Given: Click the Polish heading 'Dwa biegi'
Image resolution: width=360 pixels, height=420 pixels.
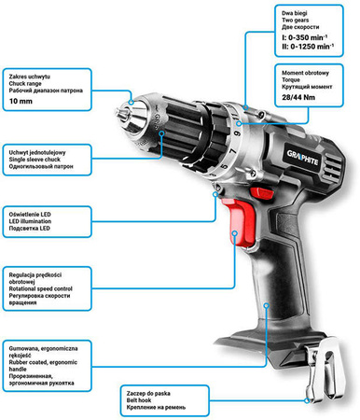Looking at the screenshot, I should pos(270,8).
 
